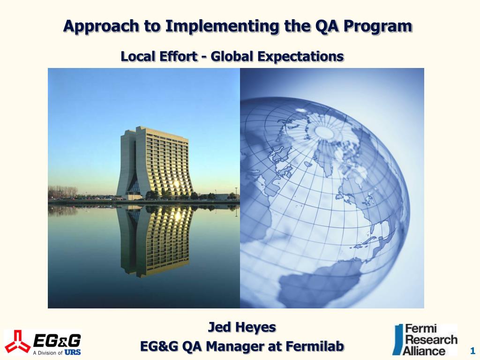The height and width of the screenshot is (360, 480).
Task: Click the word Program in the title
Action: [378, 27]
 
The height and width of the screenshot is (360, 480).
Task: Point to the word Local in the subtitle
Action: [137, 56]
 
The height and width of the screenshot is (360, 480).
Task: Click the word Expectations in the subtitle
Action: [300, 57]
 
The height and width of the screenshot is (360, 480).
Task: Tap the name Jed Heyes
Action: [242, 327]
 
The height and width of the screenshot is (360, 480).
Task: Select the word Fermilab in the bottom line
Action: [315, 346]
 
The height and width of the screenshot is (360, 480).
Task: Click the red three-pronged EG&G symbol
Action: [17, 341]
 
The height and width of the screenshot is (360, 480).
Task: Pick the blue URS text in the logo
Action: [73, 352]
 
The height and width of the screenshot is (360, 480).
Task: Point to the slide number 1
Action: [472, 351]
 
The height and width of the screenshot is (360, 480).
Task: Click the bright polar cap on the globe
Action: [324, 132]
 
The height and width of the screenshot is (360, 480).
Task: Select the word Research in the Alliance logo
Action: [431, 340]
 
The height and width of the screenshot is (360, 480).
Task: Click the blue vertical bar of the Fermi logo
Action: [397, 340]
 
